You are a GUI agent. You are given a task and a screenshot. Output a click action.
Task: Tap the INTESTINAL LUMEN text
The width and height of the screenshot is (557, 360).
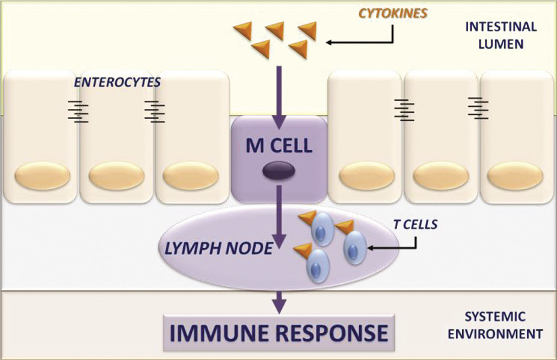(x=501, y=35)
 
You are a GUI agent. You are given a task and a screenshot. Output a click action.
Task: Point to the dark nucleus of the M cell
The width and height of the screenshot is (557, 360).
(x=278, y=172)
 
